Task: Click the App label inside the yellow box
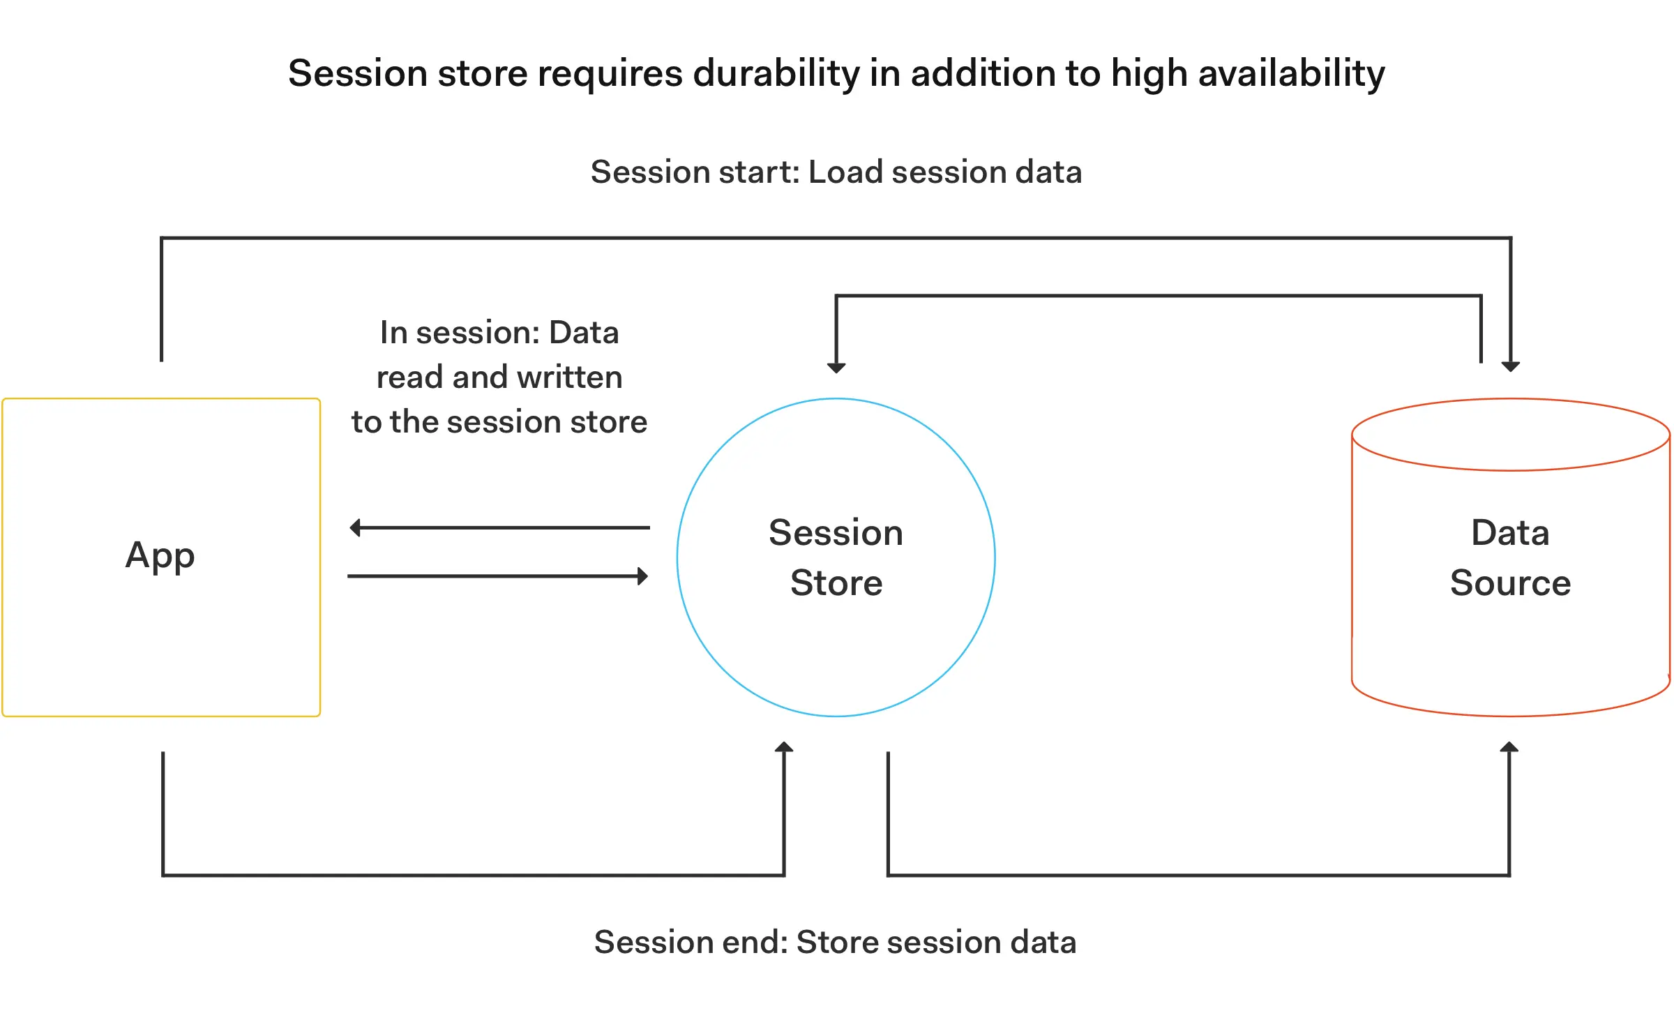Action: pyautogui.click(x=160, y=557)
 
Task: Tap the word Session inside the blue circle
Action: pyautogui.click(x=836, y=533)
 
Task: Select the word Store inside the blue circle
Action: pyautogui.click(x=836, y=583)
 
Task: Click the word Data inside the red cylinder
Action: pyautogui.click(x=1510, y=533)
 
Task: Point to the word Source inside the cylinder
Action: pyautogui.click(x=1510, y=583)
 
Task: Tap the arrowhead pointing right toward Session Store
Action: pyautogui.click(x=642, y=576)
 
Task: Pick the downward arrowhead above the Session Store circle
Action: pyautogui.click(x=836, y=368)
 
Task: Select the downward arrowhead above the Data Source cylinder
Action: pyautogui.click(x=1511, y=366)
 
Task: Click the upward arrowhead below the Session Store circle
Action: pyautogui.click(x=784, y=747)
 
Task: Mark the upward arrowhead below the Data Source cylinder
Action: pyautogui.click(x=1509, y=747)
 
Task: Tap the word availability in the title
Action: pyautogui.click(x=1291, y=73)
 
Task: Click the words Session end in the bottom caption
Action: pyautogui.click(x=691, y=942)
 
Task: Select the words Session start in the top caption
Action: pyautogui.click(x=695, y=172)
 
